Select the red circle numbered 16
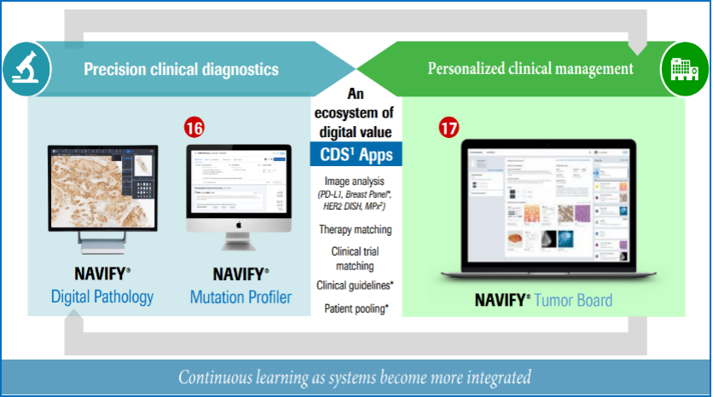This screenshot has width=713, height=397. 194,127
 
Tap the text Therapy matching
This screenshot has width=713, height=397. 355,230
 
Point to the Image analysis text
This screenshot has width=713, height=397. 356,181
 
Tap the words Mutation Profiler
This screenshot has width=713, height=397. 241,297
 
